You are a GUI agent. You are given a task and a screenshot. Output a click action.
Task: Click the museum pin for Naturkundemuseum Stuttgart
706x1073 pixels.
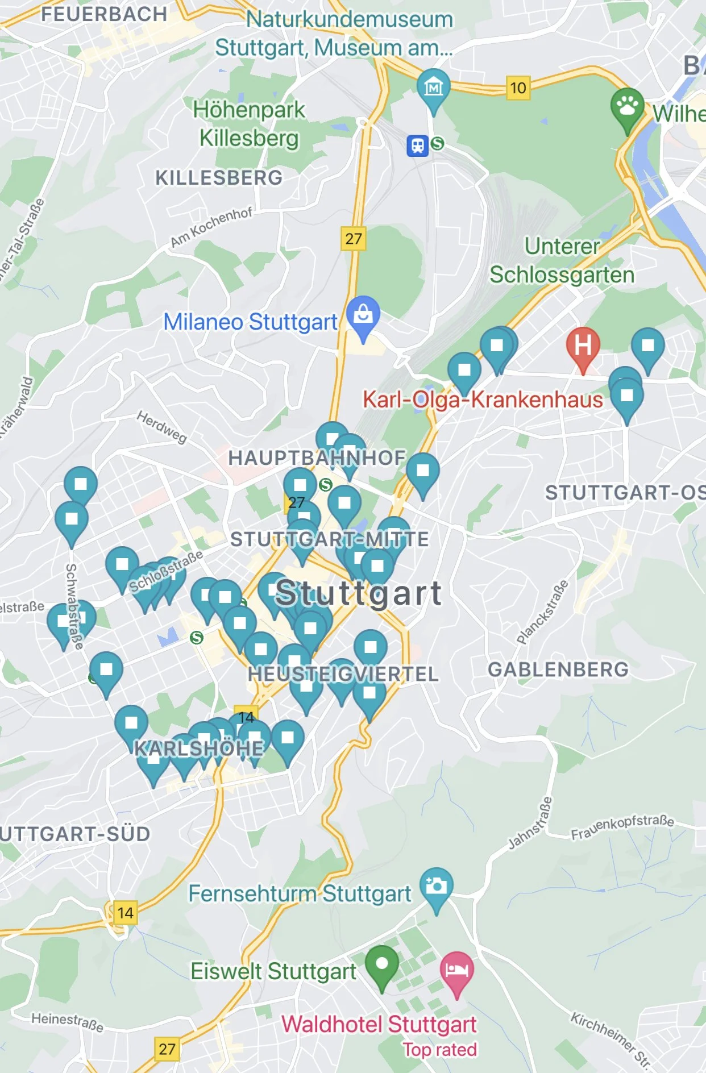[x=433, y=87]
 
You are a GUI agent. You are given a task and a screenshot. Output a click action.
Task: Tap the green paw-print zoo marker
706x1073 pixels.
[x=627, y=106]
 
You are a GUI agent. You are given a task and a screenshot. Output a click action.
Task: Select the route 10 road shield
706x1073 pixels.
[x=518, y=88]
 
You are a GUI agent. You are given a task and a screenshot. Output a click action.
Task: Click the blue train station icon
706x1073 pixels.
[x=418, y=145]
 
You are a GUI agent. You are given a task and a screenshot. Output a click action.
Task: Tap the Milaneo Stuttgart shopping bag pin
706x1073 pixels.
[x=363, y=314]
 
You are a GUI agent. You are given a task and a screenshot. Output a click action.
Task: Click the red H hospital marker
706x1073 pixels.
[x=583, y=346]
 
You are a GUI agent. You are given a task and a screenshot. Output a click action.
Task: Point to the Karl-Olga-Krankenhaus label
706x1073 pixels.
[x=483, y=400]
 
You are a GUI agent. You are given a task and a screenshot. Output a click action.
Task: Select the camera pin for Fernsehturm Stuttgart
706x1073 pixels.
[x=436, y=885]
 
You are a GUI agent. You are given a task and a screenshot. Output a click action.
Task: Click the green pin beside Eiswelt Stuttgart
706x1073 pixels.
[x=381, y=964]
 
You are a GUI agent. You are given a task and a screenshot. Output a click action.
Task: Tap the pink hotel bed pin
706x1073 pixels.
[x=456, y=970]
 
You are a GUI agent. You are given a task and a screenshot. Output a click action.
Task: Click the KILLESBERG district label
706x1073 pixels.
[x=219, y=178]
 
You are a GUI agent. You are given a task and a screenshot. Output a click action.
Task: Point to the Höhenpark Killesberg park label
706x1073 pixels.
[x=249, y=124]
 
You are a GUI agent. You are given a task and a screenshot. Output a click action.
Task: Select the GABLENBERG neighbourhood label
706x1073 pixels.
[x=558, y=669]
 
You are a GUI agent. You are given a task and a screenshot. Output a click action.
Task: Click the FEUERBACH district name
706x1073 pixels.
[x=104, y=14]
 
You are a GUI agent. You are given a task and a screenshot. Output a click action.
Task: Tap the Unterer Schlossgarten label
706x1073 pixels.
[x=562, y=261]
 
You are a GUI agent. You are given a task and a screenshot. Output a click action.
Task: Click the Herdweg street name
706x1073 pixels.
[x=162, y=427]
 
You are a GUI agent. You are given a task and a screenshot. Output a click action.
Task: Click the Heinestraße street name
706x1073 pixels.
[x=67, y=1021]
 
